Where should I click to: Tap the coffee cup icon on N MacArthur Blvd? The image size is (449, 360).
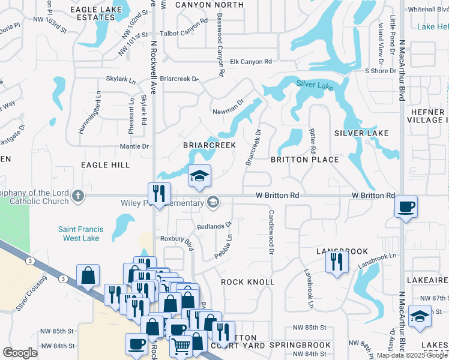406,207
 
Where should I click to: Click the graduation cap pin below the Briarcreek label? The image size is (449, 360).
200,176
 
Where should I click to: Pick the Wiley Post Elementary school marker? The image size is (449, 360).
211,202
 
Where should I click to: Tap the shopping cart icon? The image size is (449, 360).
181,345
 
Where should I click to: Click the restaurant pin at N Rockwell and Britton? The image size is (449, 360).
159,193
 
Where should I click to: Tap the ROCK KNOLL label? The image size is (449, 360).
247,282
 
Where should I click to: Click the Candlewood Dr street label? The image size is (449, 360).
271,232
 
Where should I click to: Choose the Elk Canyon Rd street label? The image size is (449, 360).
252,61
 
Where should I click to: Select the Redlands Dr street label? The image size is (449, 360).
214,226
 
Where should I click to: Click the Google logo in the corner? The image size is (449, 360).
20,353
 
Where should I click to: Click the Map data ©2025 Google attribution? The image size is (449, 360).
411,355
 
